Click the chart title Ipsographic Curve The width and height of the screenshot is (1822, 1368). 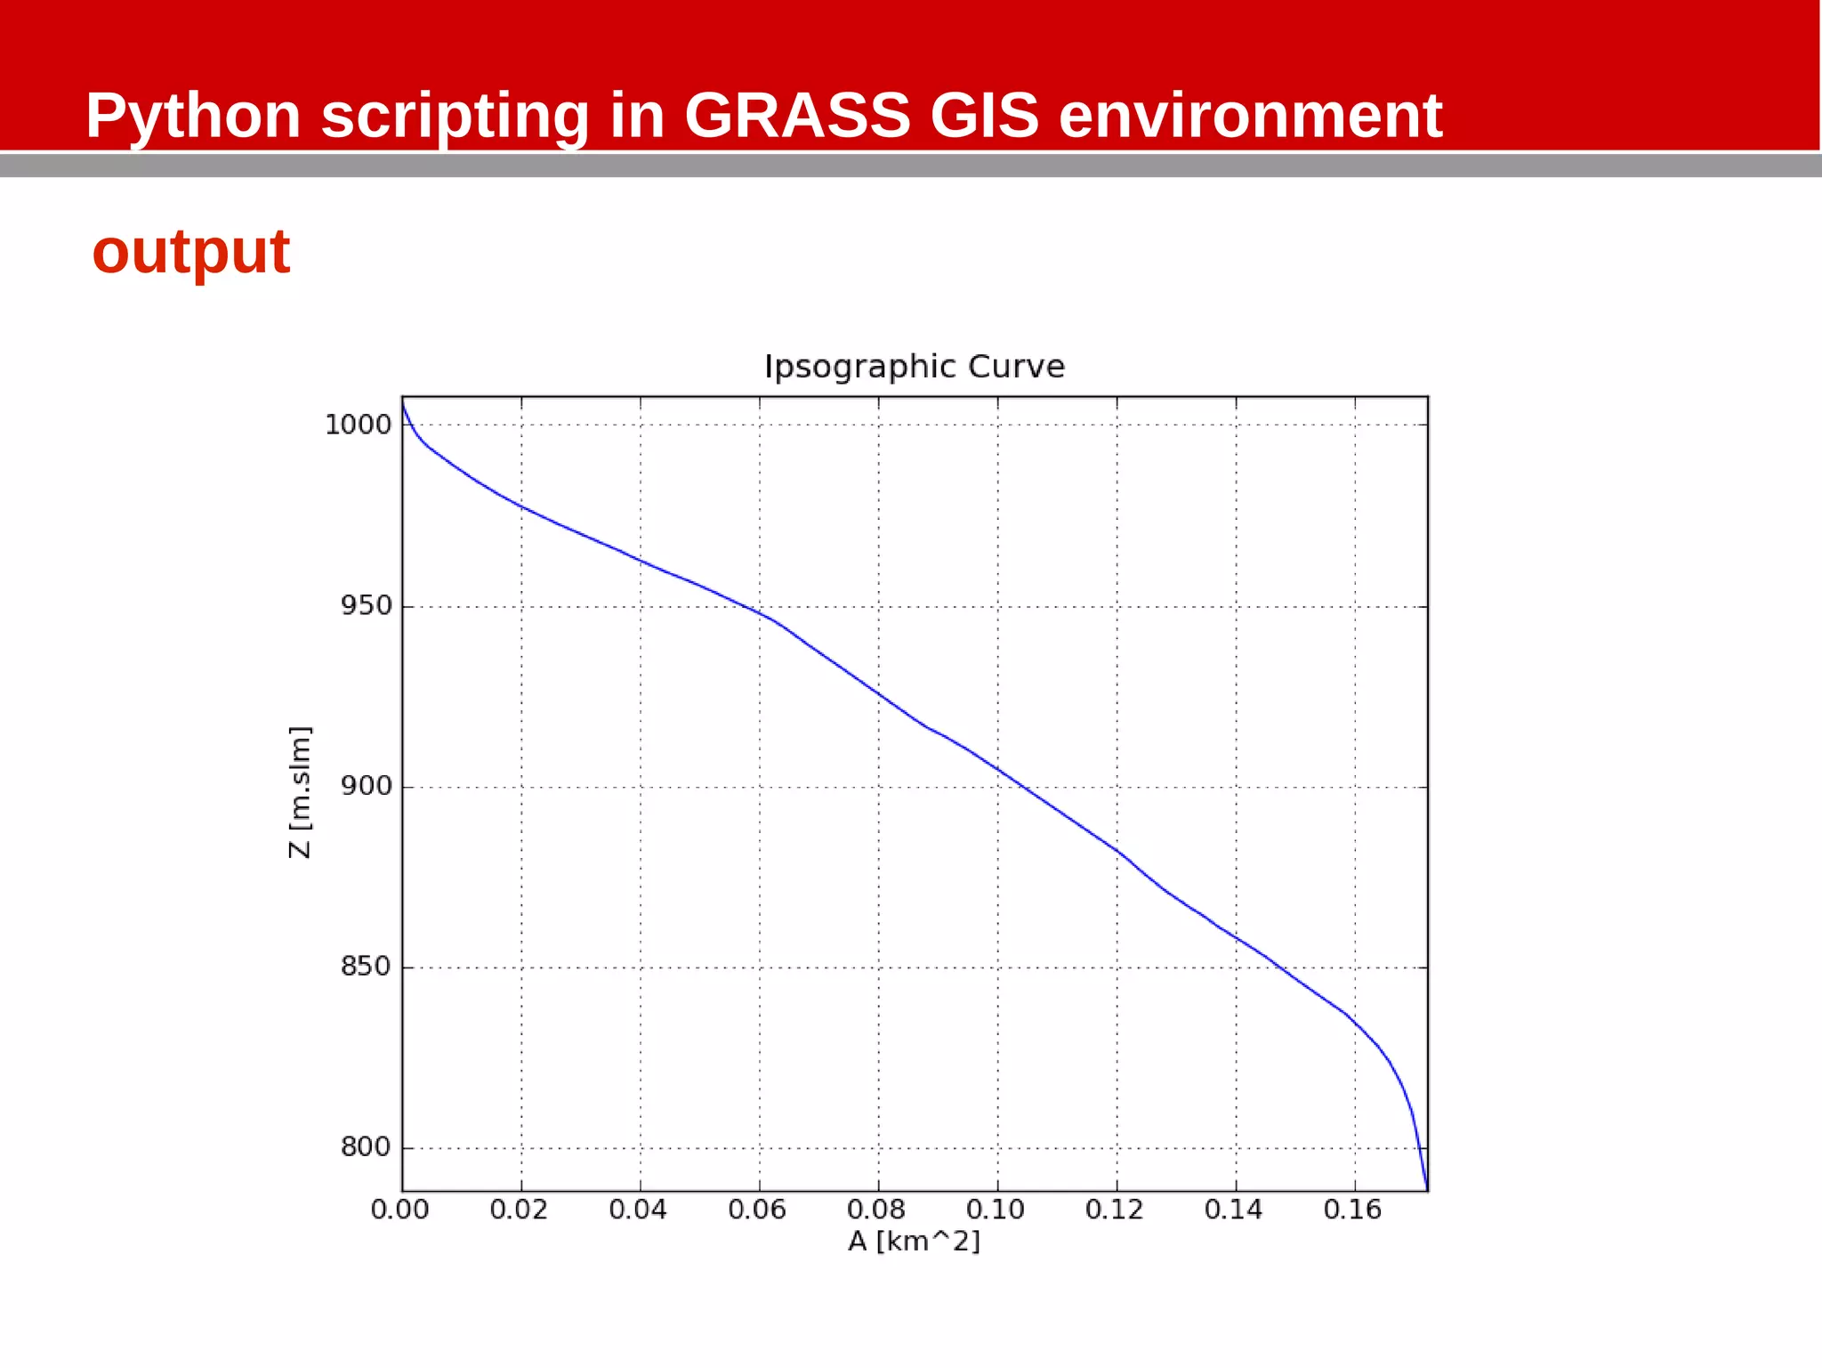click(914, 367)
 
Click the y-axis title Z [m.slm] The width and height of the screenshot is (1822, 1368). click(301, 792)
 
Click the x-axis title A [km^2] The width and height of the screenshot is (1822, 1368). click(914, 1241)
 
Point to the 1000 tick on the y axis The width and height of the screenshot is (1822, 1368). click(358, 425)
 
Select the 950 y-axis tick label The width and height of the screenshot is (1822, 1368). click(366, 606)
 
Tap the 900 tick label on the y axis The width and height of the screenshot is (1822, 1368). click(366, 787)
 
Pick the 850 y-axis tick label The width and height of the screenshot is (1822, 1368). click(366, 967)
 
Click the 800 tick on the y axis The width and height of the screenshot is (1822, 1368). click(366, 1147)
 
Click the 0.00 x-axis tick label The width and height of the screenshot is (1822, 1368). click(399, 1210)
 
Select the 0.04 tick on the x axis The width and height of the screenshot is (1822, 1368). click(638, 1210)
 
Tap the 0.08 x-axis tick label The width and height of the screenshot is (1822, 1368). click(876, 1210)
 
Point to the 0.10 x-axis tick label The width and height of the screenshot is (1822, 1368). click(996, 1210)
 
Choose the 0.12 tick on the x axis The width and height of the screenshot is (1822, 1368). click(1115, 1210)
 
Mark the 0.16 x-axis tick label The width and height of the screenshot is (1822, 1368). click(1352, 1210)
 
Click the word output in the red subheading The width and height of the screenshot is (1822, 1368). click(191, 252)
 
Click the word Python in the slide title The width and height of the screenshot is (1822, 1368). click(193, 116)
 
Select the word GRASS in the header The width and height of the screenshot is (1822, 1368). click(797, 116)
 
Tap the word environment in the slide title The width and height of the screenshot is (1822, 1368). click(1250, 116)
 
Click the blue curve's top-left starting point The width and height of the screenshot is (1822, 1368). click(403, 403)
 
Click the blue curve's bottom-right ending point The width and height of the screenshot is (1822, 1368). click(1426, 1187)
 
